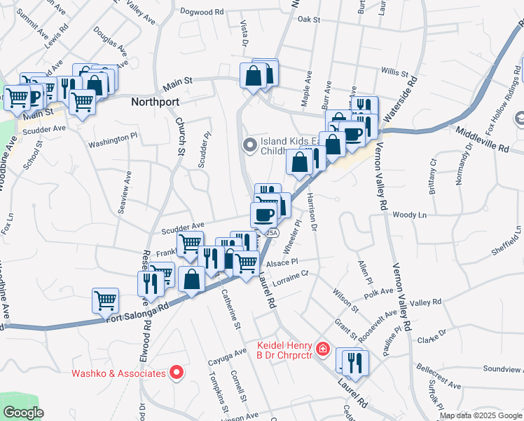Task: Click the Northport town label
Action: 157,101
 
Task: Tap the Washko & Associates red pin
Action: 177,373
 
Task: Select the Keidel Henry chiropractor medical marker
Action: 323,349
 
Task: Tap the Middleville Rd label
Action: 484,140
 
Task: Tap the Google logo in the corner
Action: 24,413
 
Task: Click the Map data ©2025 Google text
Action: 481,416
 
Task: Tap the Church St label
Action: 180,136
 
